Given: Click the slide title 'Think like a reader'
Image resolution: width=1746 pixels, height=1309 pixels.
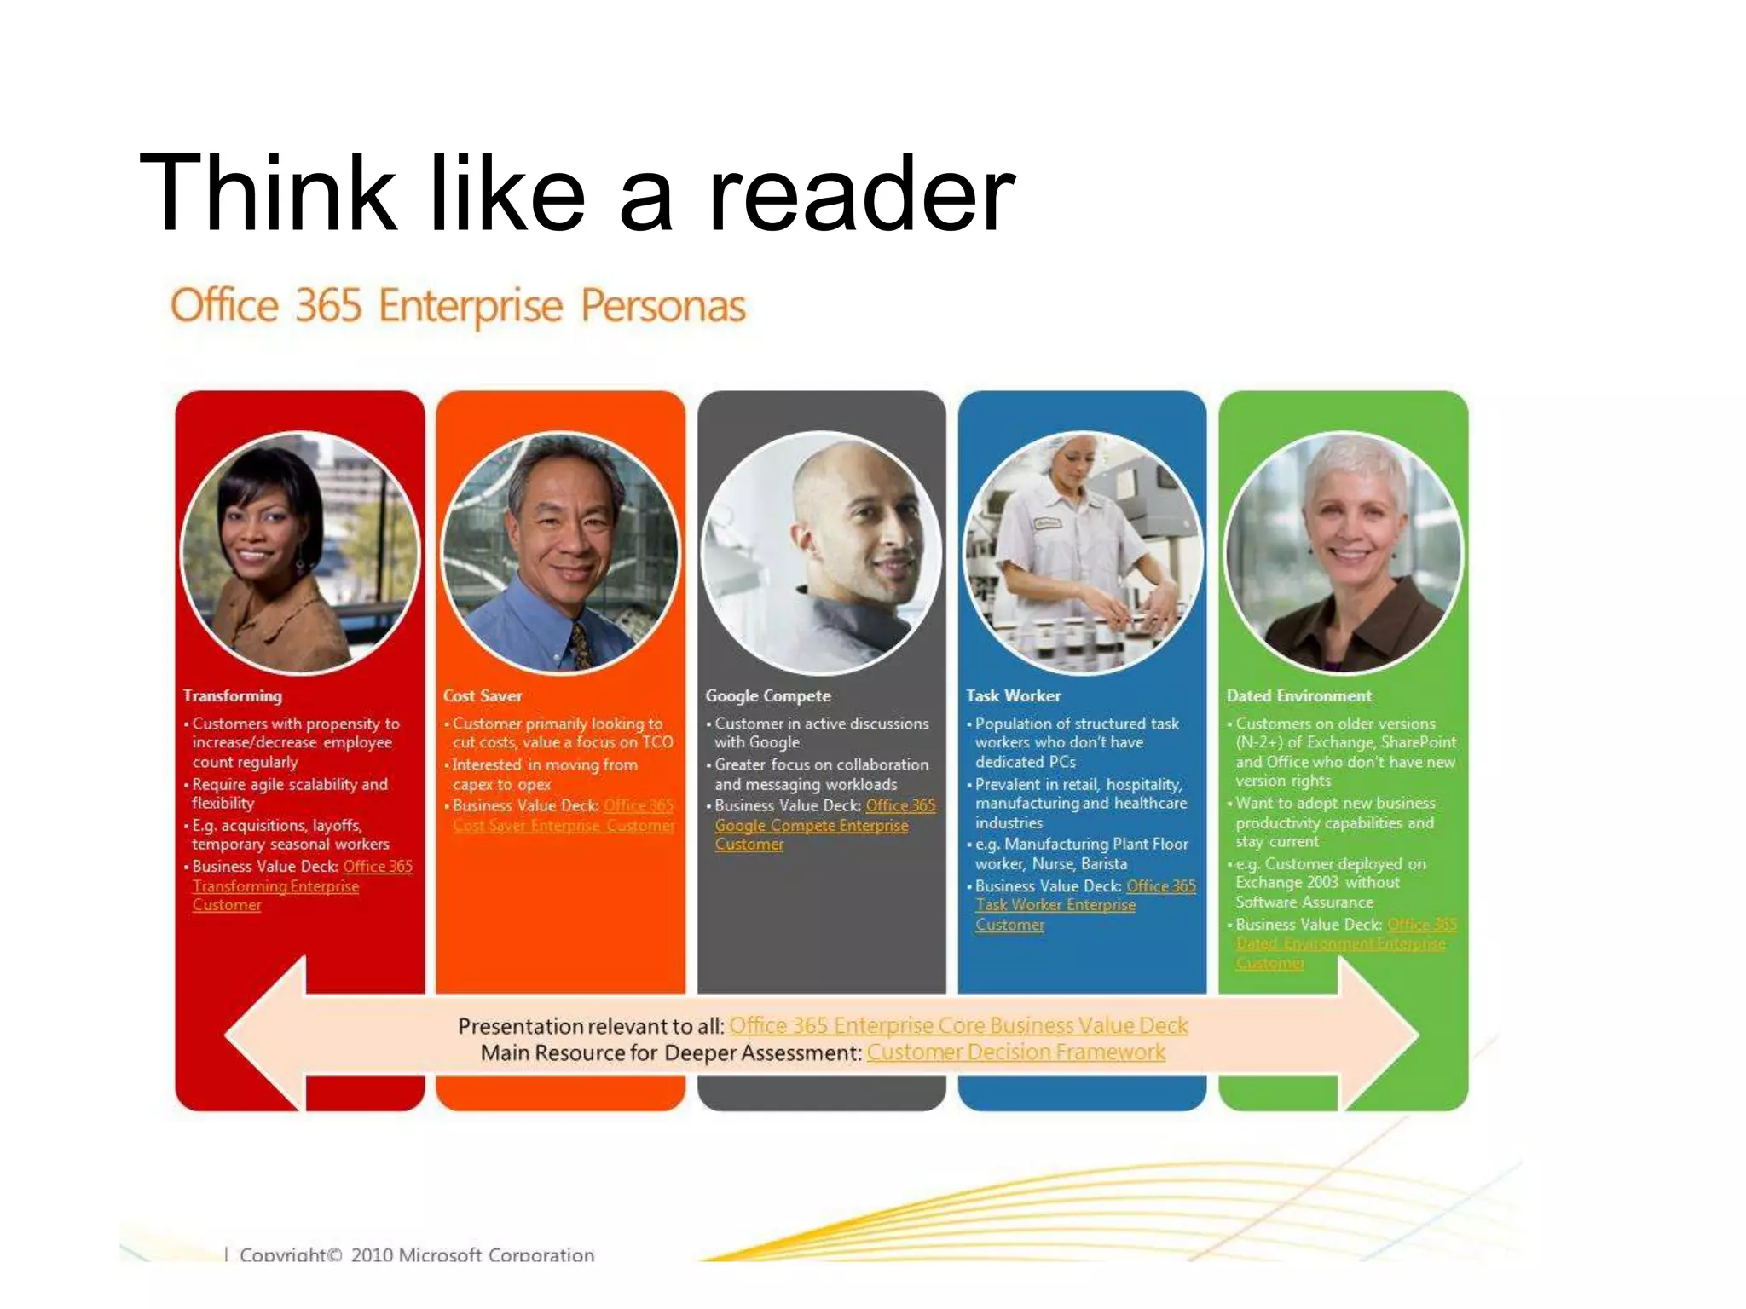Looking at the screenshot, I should (576, 193).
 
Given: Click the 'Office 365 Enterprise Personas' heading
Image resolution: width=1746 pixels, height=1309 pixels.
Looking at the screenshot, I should (458, 306).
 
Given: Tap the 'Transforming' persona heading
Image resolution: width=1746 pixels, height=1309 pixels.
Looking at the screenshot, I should (232, 696).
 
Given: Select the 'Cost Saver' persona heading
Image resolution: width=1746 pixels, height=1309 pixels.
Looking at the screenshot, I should (483, 696).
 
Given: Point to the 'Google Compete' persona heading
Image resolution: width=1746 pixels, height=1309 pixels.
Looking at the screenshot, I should (767, 696).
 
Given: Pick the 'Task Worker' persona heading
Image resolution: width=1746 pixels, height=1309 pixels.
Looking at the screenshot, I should (1013, 696).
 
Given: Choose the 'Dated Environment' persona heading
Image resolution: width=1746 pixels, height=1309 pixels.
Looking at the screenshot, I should (1298, 696).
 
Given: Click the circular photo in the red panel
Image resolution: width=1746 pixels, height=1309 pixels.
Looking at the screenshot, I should (300, 552).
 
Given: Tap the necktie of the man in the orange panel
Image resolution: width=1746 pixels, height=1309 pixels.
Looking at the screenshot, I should (581, 644).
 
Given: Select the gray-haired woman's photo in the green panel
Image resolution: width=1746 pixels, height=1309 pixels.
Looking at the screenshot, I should (1344, 552).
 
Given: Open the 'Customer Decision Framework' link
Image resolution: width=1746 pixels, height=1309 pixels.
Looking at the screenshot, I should (1015, 1052).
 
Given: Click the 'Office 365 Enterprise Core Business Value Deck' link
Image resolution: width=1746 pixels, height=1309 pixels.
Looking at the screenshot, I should (957, 1025).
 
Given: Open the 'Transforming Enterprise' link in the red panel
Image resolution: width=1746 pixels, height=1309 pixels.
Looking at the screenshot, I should (275, 886).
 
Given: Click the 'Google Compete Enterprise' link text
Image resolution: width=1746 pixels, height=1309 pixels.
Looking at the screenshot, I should (811, 826).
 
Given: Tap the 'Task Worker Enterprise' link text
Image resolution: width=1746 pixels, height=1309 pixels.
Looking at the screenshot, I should (1055, 905).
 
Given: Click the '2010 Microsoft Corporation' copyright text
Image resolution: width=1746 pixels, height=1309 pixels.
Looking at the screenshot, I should (472, 1254).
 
